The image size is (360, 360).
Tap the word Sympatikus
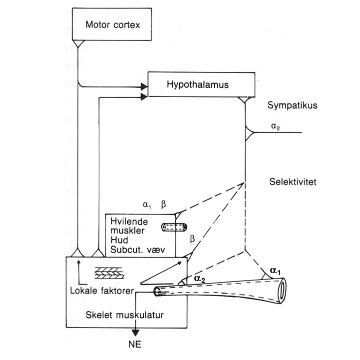(x=292, y=105)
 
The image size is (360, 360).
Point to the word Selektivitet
(x=293, y=182)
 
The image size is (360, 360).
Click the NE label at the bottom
(x=135, y=344)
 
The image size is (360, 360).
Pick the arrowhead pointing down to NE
(x=135, y=333)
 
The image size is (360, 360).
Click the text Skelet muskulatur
(x=124, y=315)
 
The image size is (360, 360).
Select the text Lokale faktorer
(x=102, y=291)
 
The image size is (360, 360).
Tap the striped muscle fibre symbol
(x=109, y=273)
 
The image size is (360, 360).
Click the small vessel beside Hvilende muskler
(x=174, y=227)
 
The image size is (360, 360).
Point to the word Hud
(x=119, y=240)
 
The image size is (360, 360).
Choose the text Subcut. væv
(x=137, y=249)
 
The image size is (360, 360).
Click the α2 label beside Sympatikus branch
(x=276, y=126)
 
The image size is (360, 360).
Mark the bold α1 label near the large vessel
(x=275, y=271)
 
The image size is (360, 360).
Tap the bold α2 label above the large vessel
(x=200, y=278)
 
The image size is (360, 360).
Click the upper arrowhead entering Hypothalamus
(x=144, y=86)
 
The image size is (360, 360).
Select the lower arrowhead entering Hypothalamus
(x=144, y=97)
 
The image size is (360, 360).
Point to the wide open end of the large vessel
(x=282, y=291)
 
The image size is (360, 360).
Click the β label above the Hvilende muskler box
(x=163, y=204)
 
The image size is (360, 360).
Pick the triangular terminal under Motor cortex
(x=78, y=43)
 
